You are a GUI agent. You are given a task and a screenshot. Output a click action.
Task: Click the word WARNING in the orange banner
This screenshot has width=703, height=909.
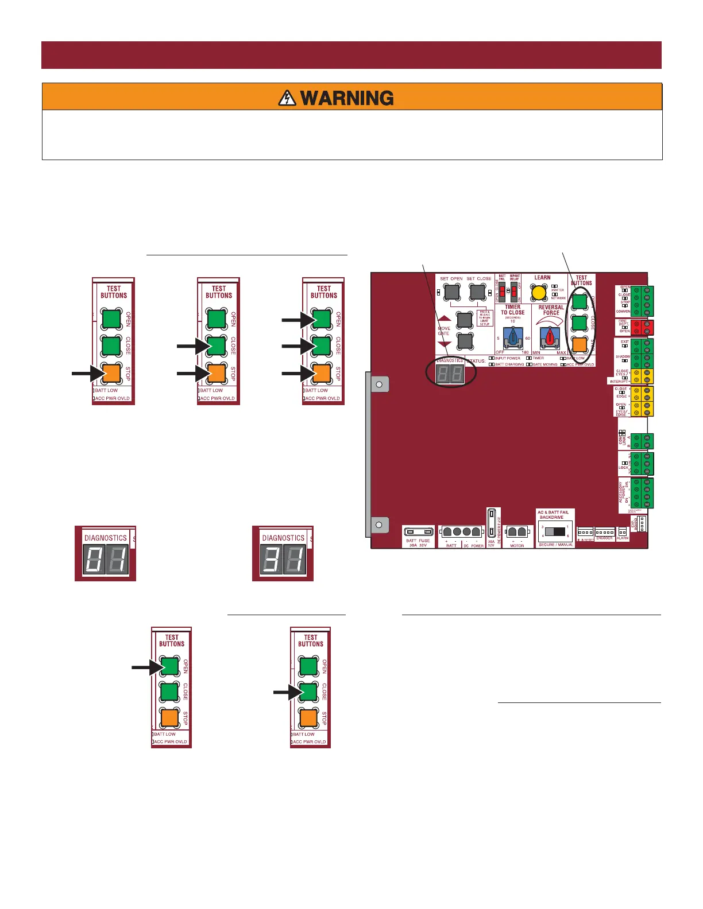347,98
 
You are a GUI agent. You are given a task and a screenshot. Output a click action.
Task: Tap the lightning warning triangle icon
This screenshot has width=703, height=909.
287,98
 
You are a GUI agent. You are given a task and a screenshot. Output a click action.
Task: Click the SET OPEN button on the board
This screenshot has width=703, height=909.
452,292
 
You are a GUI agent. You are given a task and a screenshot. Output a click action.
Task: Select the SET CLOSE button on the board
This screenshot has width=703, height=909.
478,292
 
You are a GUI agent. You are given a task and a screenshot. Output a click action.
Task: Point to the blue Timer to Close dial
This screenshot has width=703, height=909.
513,338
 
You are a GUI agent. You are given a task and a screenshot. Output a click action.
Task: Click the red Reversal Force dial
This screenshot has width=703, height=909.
550,337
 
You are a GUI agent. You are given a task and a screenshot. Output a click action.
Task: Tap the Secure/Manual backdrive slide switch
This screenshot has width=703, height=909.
555,531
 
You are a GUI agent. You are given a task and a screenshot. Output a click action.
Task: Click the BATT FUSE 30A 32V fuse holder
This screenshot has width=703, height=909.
418,532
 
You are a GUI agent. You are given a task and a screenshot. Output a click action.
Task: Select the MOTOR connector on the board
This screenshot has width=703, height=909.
517,533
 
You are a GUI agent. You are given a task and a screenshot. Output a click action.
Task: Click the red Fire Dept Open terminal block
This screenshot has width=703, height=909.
642,328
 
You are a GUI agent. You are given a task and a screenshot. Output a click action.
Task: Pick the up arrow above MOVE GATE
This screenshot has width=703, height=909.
445,318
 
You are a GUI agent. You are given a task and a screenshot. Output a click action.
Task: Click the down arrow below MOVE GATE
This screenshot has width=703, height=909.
445,344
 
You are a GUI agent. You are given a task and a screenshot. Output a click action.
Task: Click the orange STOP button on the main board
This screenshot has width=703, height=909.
580,344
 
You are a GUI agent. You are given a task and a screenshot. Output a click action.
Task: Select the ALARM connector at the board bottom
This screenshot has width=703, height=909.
623,532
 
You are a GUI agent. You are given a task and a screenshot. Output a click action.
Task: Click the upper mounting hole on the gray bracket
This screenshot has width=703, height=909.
378,384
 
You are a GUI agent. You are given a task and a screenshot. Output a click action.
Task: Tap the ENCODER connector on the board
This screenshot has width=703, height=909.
604,532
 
